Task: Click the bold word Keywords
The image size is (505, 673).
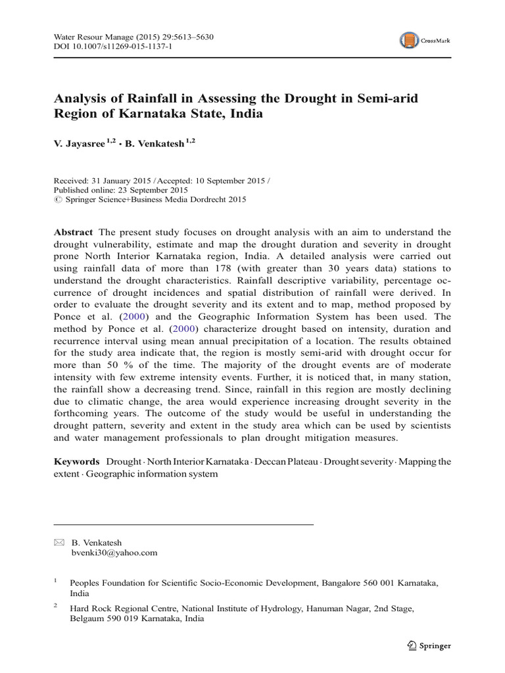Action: pyautogui.click(x=76, y=461)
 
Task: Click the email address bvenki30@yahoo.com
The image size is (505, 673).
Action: pyautogui.click(x=114, y=553)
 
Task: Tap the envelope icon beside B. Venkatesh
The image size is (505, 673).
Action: pyautogui.click(x=58, y=542)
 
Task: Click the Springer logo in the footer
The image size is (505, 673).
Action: pyautogui.click(x=430, y=645)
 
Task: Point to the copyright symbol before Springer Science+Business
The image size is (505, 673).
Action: pyautogui.click(x=57, y=200)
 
